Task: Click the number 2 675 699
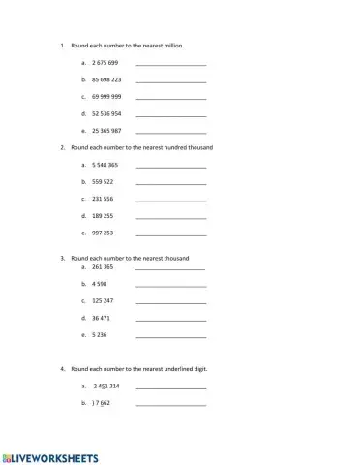click(x=105, y=63)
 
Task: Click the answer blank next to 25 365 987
click(x=171, y=131)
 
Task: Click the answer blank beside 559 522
click(x=171, y=182)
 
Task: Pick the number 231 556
click(x=103, y=199)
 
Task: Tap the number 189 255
click(x=103, y=216)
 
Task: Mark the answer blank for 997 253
click(x=171, y=233)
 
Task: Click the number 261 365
click(x=103, y=266)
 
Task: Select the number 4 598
click(x=99, y=284)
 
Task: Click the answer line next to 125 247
click(x=171, y=301)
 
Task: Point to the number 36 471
click(x=101, y=318)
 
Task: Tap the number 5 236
click(x=99, y=335)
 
